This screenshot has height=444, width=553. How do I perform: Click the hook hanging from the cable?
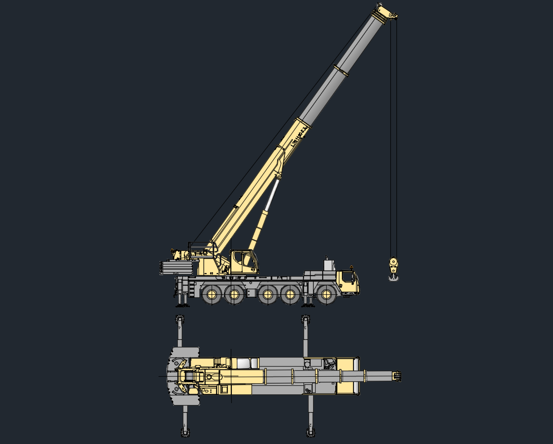pos(393,276)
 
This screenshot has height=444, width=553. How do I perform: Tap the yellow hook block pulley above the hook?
pos(393,263)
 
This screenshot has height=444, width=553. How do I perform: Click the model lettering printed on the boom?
pos(299,137)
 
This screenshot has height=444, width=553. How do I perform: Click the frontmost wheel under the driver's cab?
pos(327,294)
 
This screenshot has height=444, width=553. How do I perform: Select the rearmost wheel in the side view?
pos(212,294)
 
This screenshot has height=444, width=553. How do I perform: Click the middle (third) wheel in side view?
pos(267,294)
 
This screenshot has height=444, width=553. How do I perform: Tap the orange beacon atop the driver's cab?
pos(351,267)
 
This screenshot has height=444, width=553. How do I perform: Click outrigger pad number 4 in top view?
pos(179,320)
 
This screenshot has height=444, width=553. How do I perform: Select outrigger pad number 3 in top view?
pos(305,320)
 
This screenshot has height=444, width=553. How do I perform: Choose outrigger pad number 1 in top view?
pos(185,432)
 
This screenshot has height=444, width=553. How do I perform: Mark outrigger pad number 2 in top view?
pos(311,432)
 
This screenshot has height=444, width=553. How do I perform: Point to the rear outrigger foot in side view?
pos(181,303)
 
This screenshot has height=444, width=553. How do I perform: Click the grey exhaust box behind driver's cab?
pos(329,264)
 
